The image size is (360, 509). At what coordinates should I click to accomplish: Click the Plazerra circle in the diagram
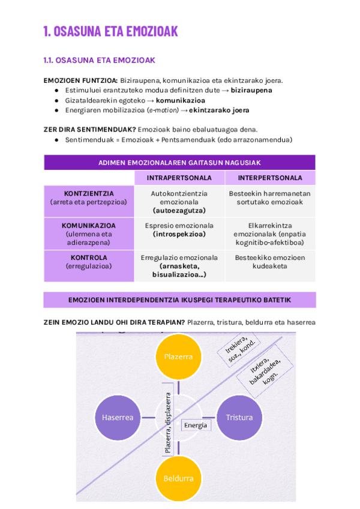click(178, 357)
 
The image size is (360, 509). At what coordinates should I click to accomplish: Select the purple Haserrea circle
click(117, 417)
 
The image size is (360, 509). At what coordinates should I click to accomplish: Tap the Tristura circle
click(239, 417)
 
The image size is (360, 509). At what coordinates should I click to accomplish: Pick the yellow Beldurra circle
click(178, 478)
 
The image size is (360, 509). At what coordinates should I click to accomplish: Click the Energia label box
click(196, 425)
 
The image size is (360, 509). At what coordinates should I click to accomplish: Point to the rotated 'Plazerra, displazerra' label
click(168, 423)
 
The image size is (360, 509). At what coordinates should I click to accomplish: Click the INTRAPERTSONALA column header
click(179, 178)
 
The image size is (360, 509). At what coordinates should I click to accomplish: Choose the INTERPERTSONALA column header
click(270, 178)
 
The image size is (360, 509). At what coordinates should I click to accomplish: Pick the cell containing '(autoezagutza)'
click(179, 202)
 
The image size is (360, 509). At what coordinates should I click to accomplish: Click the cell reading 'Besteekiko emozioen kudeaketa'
click(270, 262)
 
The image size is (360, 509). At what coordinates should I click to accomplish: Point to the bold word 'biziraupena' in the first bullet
click(251, 90)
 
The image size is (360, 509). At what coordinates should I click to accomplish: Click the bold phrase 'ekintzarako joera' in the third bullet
click(219, 110)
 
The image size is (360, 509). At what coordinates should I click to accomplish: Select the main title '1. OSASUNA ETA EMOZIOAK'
click(110, 32)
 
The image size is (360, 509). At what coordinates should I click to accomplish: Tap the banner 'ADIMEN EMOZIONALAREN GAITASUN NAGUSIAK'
click(179, 163)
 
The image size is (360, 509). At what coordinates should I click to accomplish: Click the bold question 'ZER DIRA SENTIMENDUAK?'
click(89, 129)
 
